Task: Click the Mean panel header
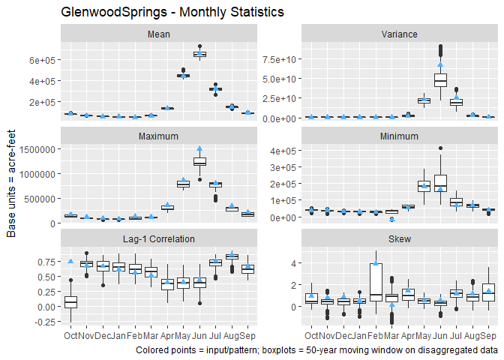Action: (159, 34)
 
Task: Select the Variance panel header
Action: (399, 34)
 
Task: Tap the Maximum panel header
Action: (159, 136)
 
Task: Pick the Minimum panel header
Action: (399, 136)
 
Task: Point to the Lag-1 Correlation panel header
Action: (159, 238)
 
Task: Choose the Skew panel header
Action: (399, 238)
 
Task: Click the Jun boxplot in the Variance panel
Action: (440, 79)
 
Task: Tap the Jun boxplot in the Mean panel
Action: (199, 54)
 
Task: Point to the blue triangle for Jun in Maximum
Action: (199, 148)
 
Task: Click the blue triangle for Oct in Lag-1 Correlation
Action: (70, 261)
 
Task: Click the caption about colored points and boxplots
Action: (317, 349)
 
